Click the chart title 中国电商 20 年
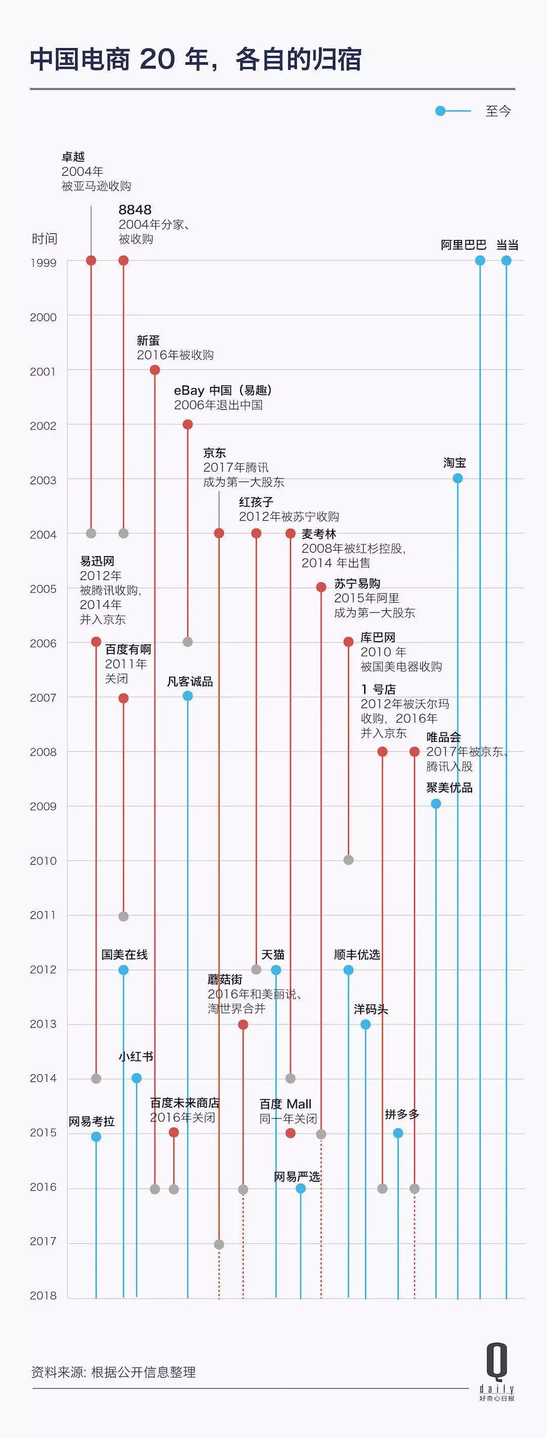point(196,60)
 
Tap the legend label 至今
point(498,111)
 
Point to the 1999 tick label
point(43,263)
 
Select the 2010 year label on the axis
point(43,861)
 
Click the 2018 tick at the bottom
point(43,1296)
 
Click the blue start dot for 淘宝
point(458,478)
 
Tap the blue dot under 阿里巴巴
point(480,261)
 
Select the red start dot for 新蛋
point(155,370)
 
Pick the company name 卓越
point(73,157)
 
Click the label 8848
point(135,210)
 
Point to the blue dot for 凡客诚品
point(187,696)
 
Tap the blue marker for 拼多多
point(398,1133)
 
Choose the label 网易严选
point(296,1177)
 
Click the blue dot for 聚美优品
point(436,804)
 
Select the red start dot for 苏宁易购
point(321,587)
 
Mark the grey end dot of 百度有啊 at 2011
point(124,917)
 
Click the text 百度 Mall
point(285,1104)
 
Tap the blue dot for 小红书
point(137,1078)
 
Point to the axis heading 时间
point(45,239)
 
